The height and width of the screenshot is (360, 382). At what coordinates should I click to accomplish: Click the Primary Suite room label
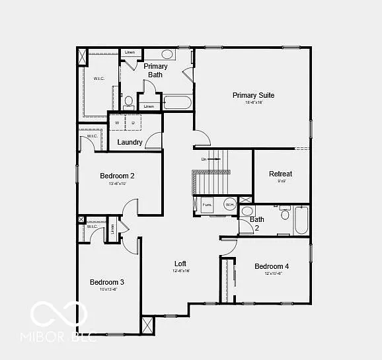pos(253,95)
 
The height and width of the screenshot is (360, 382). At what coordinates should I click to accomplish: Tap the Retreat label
pos(280,174)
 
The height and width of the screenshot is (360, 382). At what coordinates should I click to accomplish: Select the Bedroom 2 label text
pos(117,176)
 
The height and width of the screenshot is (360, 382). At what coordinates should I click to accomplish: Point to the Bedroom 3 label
pos(107,282)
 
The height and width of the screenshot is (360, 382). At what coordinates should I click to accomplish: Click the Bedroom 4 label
pos(272,266)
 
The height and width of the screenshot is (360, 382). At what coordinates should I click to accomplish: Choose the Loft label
pos(180,264)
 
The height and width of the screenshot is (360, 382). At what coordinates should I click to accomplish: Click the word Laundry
pos(130,142)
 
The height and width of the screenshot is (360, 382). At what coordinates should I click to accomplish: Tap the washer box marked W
pos(118,123)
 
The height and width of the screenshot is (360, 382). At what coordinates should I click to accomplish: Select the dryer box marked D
pos(133,123)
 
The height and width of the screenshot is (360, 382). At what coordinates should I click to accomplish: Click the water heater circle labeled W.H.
pos(230,205)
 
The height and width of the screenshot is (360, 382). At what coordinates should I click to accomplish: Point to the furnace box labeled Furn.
pos(207,205)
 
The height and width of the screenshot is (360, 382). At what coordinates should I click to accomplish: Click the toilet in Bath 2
pos(285,213)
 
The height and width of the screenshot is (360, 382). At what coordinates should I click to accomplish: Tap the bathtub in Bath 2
pos(301,220)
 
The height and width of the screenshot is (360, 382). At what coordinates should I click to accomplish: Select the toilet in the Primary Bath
pos(129,102)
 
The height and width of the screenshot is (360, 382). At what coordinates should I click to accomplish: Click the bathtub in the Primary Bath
pos(177,103)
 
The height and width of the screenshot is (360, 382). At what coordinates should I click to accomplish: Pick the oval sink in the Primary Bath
pos(167,54)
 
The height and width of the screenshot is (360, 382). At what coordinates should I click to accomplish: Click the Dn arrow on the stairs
pos(211,159)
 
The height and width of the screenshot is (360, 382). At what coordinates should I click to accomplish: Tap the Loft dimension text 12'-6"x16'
pos(180,271)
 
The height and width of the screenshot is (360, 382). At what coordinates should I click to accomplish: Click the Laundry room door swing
pos(154,140)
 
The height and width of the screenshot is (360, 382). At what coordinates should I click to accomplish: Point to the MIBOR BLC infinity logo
pos(59,315)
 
